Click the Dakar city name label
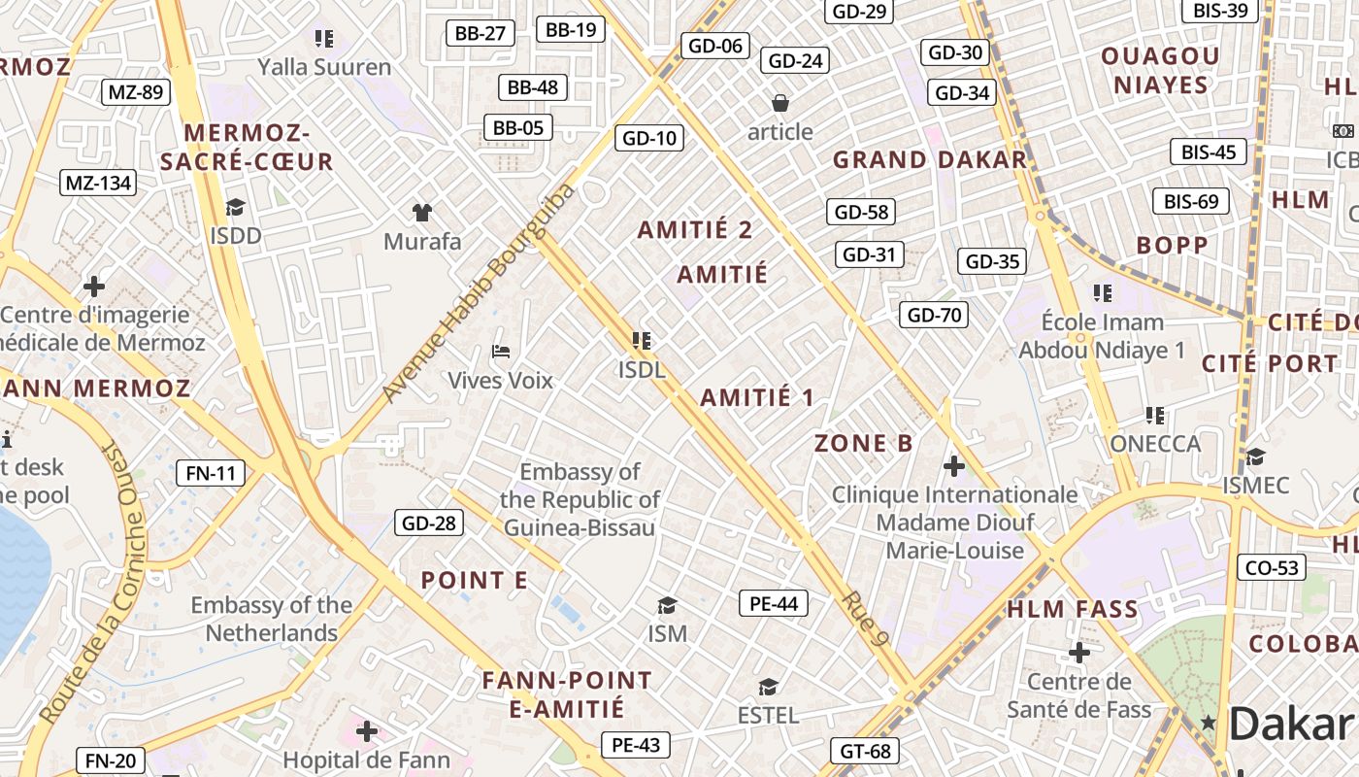tap(1291, 724)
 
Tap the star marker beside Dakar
tap(1209, 722)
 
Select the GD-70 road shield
tap(934, 314)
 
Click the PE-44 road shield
tap(774, 603)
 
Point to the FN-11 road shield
tap(211, 473)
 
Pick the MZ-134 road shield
tap(98, 183)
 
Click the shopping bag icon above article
tap(779, 102)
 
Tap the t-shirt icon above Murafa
tap(421, 212)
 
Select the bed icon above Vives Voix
tap(501, 351)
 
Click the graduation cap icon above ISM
tap(667, 606)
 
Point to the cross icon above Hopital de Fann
tap(367, 730)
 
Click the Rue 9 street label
tap(868, 620)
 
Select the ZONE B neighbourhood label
tap(863, 444)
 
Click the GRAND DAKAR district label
tap(930, 159)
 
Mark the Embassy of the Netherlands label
tap(272, 619)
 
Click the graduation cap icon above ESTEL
tap(768, 688)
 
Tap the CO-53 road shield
tap(1271, 567)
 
